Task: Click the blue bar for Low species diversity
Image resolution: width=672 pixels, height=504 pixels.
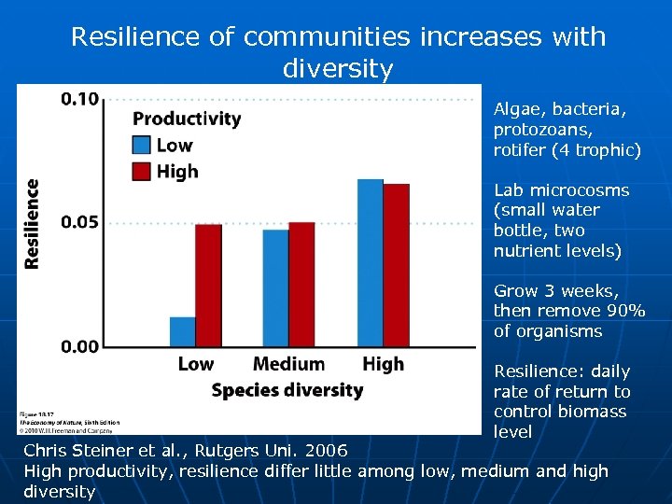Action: (x=183, y=331)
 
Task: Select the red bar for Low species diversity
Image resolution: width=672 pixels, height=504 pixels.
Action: (x=208, y=285)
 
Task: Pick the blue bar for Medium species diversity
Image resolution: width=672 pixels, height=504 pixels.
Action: (x=276, y=287)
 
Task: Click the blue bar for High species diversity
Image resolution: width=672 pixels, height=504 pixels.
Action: (x=371, y=262)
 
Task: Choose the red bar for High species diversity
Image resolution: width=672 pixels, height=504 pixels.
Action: (x=396, y=265)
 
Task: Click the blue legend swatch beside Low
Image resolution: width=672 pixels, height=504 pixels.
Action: (x=142, y=145)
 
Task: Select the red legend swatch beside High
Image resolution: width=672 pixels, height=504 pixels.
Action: (x=142, y=171)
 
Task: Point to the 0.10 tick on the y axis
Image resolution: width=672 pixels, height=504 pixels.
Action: (x=81, y=99)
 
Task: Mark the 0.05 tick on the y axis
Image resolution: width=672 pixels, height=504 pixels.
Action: (x=81, y=223)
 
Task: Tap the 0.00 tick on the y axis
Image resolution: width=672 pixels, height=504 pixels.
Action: (x=81, y=346)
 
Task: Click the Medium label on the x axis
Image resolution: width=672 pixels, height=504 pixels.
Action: (x=289, y=364)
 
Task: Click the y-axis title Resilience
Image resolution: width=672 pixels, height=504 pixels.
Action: (x=33, y=224)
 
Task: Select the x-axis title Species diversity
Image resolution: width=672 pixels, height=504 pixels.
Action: (x=287, y=390)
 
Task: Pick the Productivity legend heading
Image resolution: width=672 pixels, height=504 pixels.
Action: (x=187, y=119)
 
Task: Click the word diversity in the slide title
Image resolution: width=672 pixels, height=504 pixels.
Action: (x=337, y=69)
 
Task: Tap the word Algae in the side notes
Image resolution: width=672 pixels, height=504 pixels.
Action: (x=516, y=109)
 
